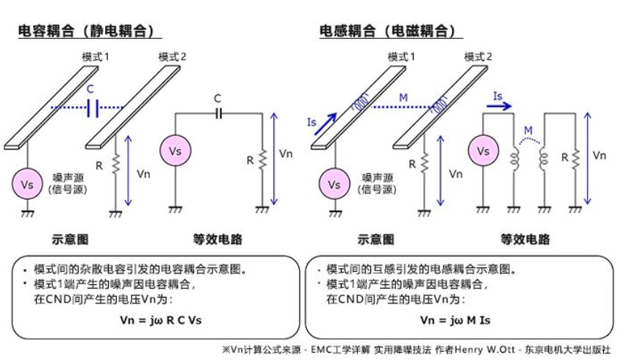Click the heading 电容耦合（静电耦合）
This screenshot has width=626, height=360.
tap(89, 30)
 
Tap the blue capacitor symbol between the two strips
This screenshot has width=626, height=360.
tap(92, 109)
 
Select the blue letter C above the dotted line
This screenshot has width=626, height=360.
tap(90, 89)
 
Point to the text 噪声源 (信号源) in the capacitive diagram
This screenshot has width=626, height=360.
tap(69, 183)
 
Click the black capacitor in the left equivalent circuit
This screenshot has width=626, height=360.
tap(217, 113)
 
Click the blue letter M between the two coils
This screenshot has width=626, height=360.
tap(527, 130)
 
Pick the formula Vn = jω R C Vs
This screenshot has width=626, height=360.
tap(156, 320)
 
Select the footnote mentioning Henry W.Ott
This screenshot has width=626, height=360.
tap(415, 350)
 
